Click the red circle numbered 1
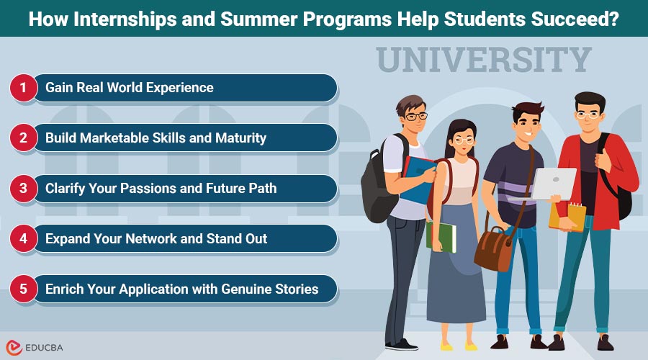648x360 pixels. click(x=23, y=88)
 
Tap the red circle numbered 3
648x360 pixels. click(x=23, y=189)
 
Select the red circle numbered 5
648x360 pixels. click(x=23, y=289)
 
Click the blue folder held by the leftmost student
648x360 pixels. click(x=417, y=180)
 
